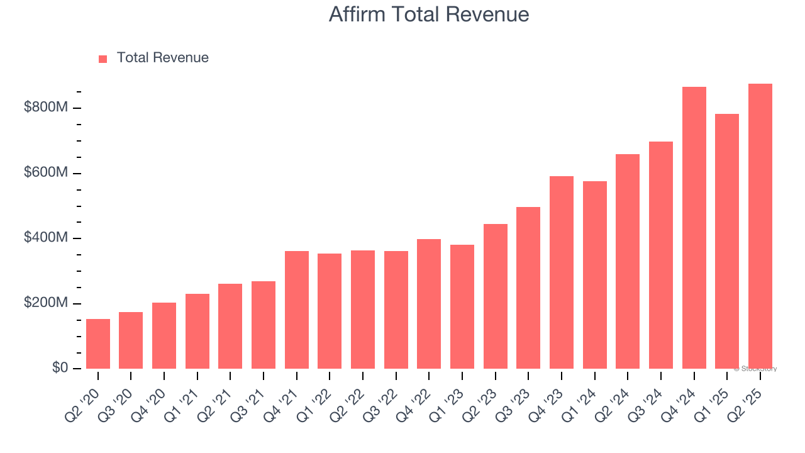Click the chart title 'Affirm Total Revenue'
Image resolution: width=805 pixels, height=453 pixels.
[428, 14]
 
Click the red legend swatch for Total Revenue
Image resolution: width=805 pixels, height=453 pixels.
[103, 59]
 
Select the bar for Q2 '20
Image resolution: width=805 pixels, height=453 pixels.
[98, 344]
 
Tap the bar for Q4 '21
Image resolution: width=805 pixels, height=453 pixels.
[297, 310]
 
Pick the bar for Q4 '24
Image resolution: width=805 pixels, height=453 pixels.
[694, 228]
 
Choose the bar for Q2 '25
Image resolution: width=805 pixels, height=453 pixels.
[760, 226]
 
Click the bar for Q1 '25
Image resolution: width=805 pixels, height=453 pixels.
[727, 241]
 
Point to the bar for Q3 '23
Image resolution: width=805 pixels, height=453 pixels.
[528, 288]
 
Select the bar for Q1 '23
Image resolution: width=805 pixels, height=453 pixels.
[462, 306]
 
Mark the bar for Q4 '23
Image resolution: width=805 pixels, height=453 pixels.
[562, 272]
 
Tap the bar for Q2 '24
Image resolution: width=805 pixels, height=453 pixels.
[628, 261]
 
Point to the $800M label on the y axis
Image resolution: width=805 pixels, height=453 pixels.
[45, 108]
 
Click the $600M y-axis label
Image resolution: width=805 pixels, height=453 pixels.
[45, 173]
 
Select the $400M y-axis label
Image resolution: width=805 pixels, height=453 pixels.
[45, 238]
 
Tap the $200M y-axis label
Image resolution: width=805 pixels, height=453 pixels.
[45, 303]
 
